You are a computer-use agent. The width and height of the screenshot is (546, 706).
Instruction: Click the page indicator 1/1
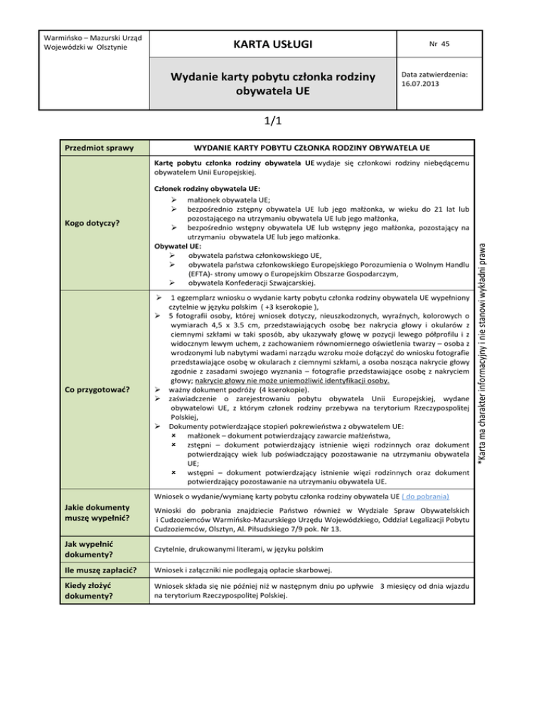click(272, 121)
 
